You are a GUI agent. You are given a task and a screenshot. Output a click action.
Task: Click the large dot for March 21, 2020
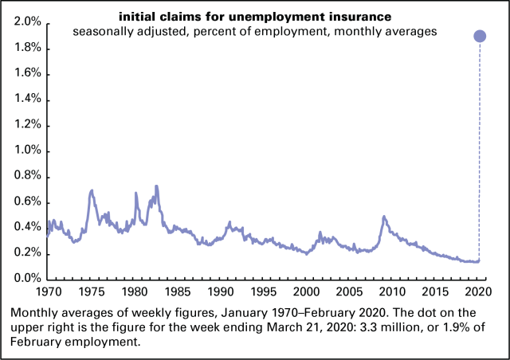point(480,36)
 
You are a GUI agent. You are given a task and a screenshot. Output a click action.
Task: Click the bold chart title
point(254,17)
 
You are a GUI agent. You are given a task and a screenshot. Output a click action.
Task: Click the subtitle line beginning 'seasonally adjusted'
point(254,31)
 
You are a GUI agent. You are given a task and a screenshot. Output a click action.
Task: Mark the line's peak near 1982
point(156,187)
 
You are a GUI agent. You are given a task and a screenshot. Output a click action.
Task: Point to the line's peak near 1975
point(92,191)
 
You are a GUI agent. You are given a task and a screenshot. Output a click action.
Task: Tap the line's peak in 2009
point(384,217)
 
